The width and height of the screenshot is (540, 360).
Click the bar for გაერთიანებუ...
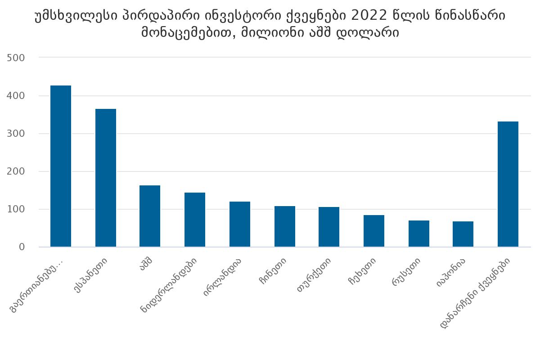[61, 166]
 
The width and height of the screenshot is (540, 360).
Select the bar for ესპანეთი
[106, 178]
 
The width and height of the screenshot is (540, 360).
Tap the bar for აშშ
[150, 216]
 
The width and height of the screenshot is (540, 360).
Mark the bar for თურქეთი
[329, 227]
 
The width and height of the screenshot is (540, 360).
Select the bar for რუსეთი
[419, 234]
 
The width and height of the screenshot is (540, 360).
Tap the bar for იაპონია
[463, 234]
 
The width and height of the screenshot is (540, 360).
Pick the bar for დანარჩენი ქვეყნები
[508, 184]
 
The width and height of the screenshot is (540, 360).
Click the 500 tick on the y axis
[16, 58]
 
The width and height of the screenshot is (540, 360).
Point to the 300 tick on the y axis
[16, 134]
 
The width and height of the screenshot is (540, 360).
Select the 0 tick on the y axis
[22, 247]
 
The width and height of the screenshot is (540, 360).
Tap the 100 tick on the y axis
[16, 209]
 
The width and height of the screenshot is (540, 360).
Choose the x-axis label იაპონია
[450, 272]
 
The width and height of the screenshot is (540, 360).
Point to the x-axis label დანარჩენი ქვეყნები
[477, 292]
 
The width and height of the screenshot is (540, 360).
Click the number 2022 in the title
[368, 16]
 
